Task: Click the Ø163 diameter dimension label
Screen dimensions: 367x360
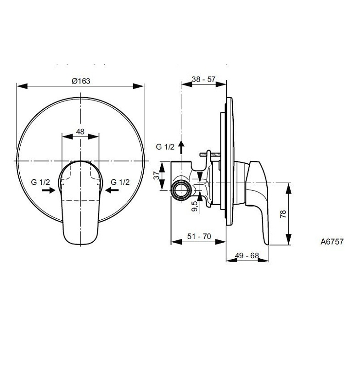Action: [x=81, y=81]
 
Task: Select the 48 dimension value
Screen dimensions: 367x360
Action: [x=80, y=131]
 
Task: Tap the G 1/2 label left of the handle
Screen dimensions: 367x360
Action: [x=41, y=182]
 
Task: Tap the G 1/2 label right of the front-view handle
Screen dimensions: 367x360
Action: [x=120, y=182]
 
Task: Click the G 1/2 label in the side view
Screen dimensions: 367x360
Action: [x=165, y=147]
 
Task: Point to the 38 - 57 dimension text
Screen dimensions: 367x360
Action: [x=204, y=79]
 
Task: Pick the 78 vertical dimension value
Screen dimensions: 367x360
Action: [x=283, y=214]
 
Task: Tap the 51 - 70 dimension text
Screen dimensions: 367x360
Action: [x=198, y=236]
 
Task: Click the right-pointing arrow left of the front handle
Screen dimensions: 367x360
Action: [x=48, y=191]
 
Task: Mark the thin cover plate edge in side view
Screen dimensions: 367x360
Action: [x=227, y=161]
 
